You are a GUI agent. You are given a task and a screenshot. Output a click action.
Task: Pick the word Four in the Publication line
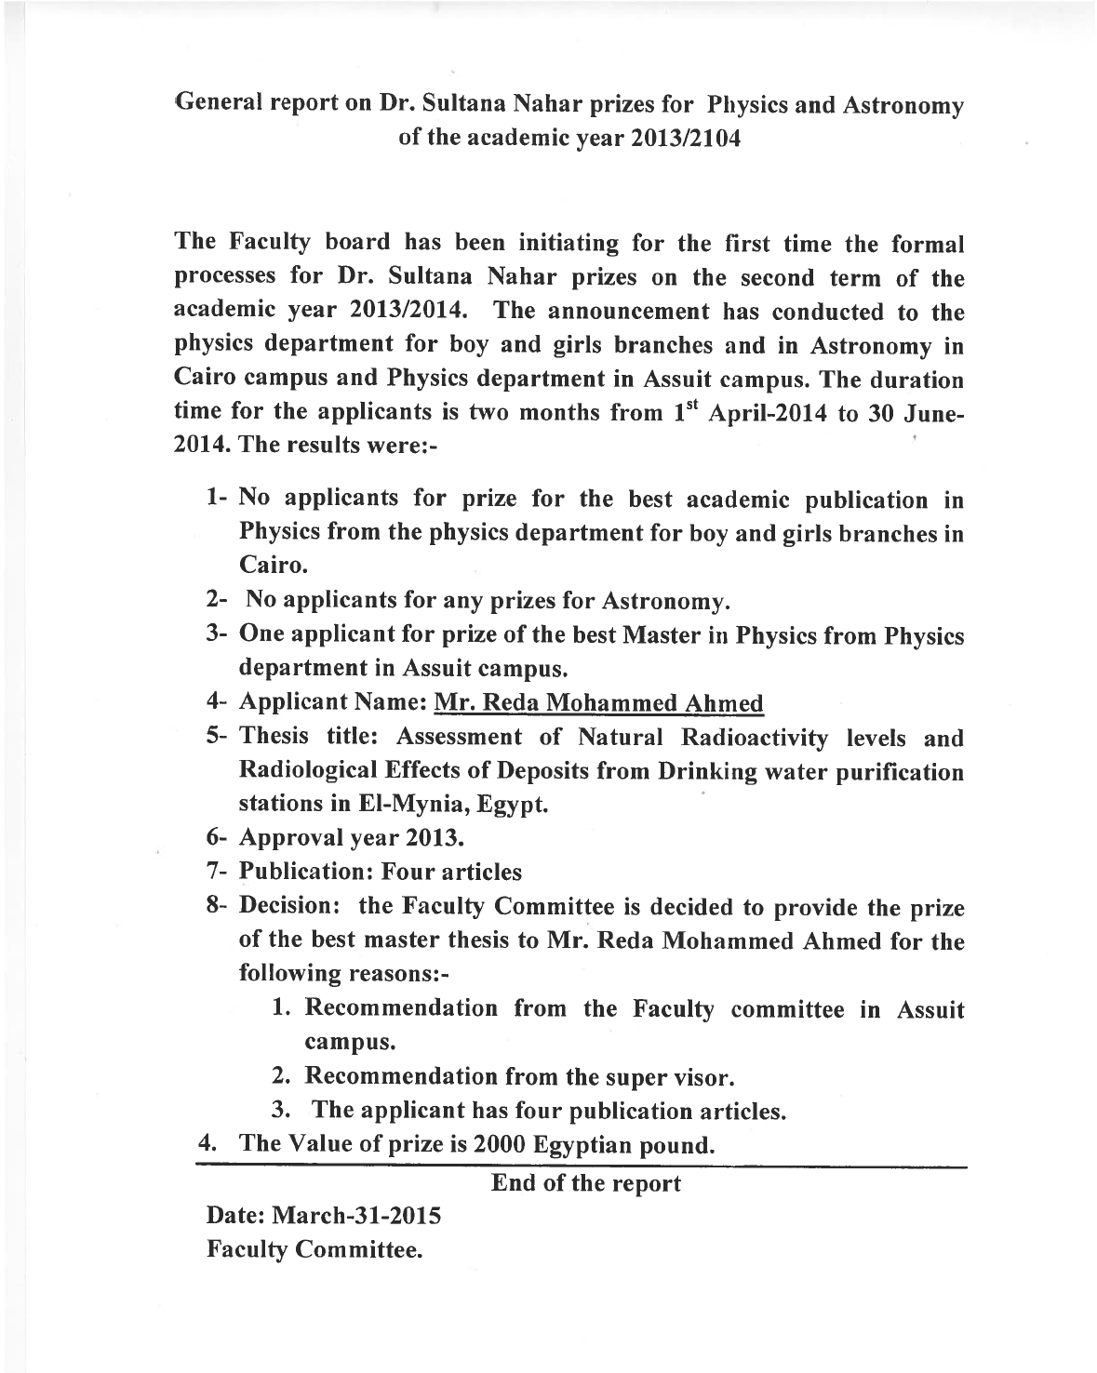pyautogui.click(x=414, y=873)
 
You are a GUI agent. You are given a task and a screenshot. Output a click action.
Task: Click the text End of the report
pyautogui.click(x=586, y=1183)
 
